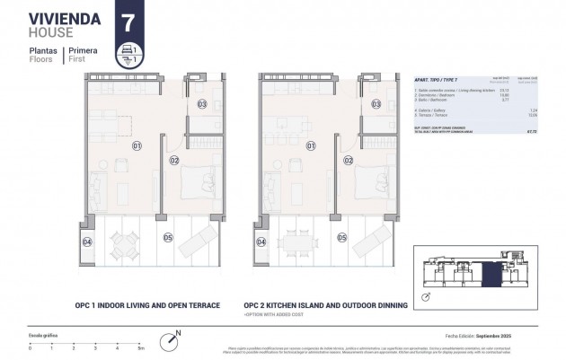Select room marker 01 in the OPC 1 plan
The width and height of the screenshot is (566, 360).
tap(137, 145)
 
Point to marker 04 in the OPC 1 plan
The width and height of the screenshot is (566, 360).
tap(88, 241)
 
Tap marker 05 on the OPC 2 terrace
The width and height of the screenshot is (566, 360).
tap(341, 238)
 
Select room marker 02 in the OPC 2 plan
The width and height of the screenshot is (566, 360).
tap(348, 160)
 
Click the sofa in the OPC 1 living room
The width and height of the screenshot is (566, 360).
tap(100, 189)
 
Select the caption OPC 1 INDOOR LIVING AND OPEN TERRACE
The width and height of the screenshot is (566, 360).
tap(147, 306)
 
